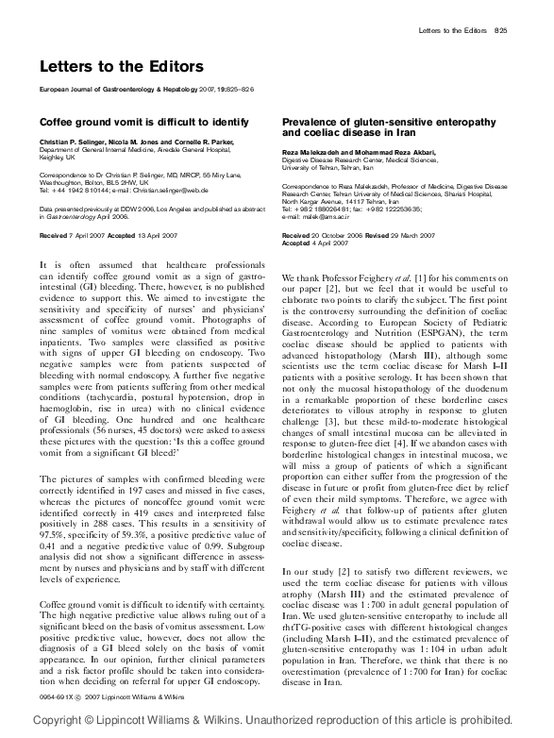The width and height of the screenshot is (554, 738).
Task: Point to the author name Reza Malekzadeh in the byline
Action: pos(313,154)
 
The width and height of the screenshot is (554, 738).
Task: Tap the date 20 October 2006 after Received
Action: pos(340,233)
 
